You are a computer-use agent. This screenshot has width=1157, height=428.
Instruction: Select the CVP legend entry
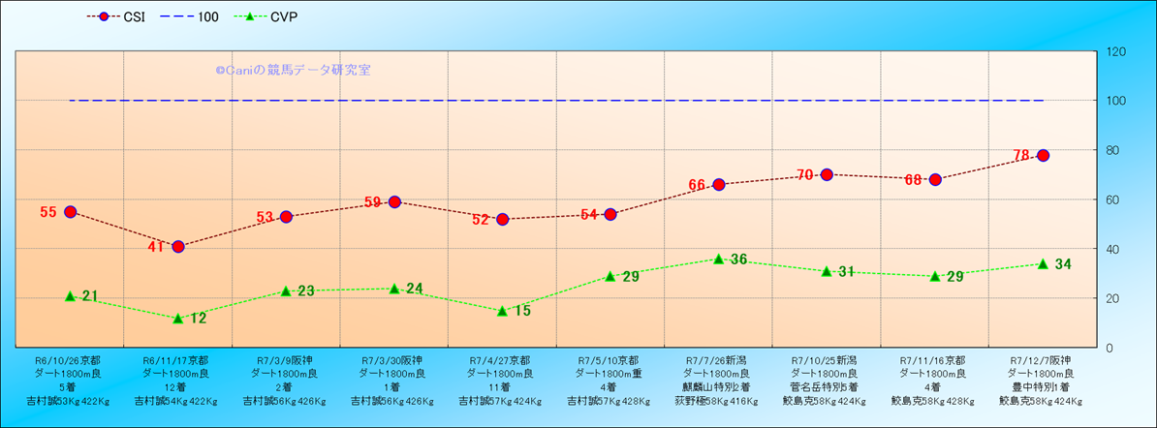click(x=276, y=17)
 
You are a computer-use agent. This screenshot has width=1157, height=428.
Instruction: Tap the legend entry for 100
click(x=193, y=17)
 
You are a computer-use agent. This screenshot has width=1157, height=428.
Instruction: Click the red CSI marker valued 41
click(x=178, y=246)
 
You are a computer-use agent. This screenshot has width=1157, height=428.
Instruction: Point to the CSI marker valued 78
click(x=1044, y=155)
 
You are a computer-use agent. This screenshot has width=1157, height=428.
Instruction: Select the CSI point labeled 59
click(x=394, y=201)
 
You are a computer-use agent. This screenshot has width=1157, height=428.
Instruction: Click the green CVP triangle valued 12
click(x=178, y=318)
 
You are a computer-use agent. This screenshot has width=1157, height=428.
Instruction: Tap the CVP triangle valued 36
click(x=719, y=259)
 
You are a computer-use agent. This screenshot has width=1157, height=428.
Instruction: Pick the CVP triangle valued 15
click(x=503, y=311)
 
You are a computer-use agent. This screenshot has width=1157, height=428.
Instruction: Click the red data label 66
click(x=697, y=185)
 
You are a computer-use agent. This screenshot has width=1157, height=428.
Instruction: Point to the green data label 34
click(x=1063, y=264)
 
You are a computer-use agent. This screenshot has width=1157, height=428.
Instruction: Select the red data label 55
click(x=48, y=212)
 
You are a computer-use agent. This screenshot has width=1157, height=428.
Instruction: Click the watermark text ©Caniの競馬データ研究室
click(x=293, y=70)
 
